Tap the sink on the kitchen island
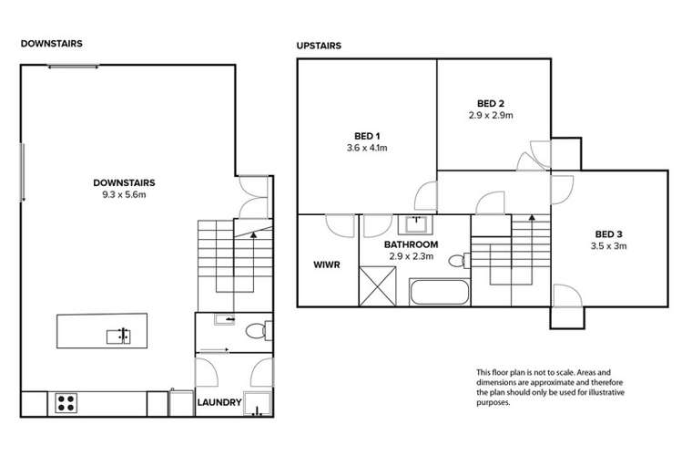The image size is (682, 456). point(118,336)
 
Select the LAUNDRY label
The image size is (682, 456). point(219,402)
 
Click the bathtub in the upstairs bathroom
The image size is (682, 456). point(438,294)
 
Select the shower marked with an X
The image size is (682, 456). point(379,285)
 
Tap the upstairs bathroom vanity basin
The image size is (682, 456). point(418,222)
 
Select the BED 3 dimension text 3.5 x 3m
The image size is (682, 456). point(608,245)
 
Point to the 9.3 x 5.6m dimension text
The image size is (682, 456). point(123,192)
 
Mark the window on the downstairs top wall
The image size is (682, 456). point(74,65)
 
